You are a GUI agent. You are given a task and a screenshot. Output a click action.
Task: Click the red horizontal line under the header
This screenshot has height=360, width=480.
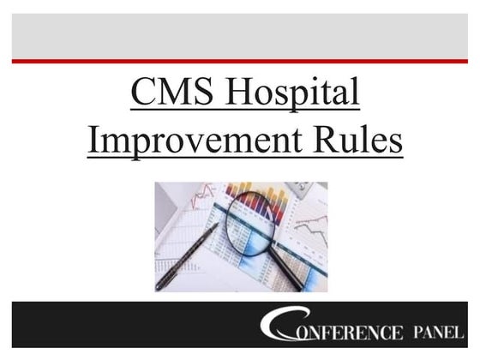[240, 61]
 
